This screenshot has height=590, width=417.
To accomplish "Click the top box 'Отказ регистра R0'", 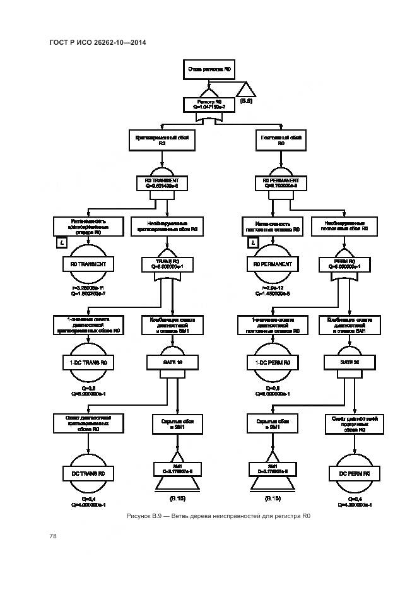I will [209, 70].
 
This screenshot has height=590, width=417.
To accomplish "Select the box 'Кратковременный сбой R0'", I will [162, 140].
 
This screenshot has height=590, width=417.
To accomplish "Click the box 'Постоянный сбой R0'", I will [281, 140].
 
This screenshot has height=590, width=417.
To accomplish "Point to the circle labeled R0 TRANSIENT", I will [88, 265].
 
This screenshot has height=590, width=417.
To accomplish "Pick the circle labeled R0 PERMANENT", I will [273, 265].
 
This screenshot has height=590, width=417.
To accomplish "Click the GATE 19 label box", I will [167, 363].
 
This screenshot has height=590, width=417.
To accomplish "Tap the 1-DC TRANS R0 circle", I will [88, 363].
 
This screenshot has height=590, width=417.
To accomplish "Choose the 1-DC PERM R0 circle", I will [273, 363].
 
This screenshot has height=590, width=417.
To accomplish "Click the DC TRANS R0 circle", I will [88, 473].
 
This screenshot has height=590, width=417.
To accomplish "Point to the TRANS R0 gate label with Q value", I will [167, 263].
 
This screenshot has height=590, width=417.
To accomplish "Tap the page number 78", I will [53, 536].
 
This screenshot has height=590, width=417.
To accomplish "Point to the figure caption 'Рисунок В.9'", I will [218, 517].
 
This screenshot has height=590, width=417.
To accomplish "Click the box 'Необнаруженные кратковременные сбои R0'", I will [167, 227].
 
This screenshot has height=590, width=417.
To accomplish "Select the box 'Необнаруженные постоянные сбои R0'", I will [344, 227].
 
